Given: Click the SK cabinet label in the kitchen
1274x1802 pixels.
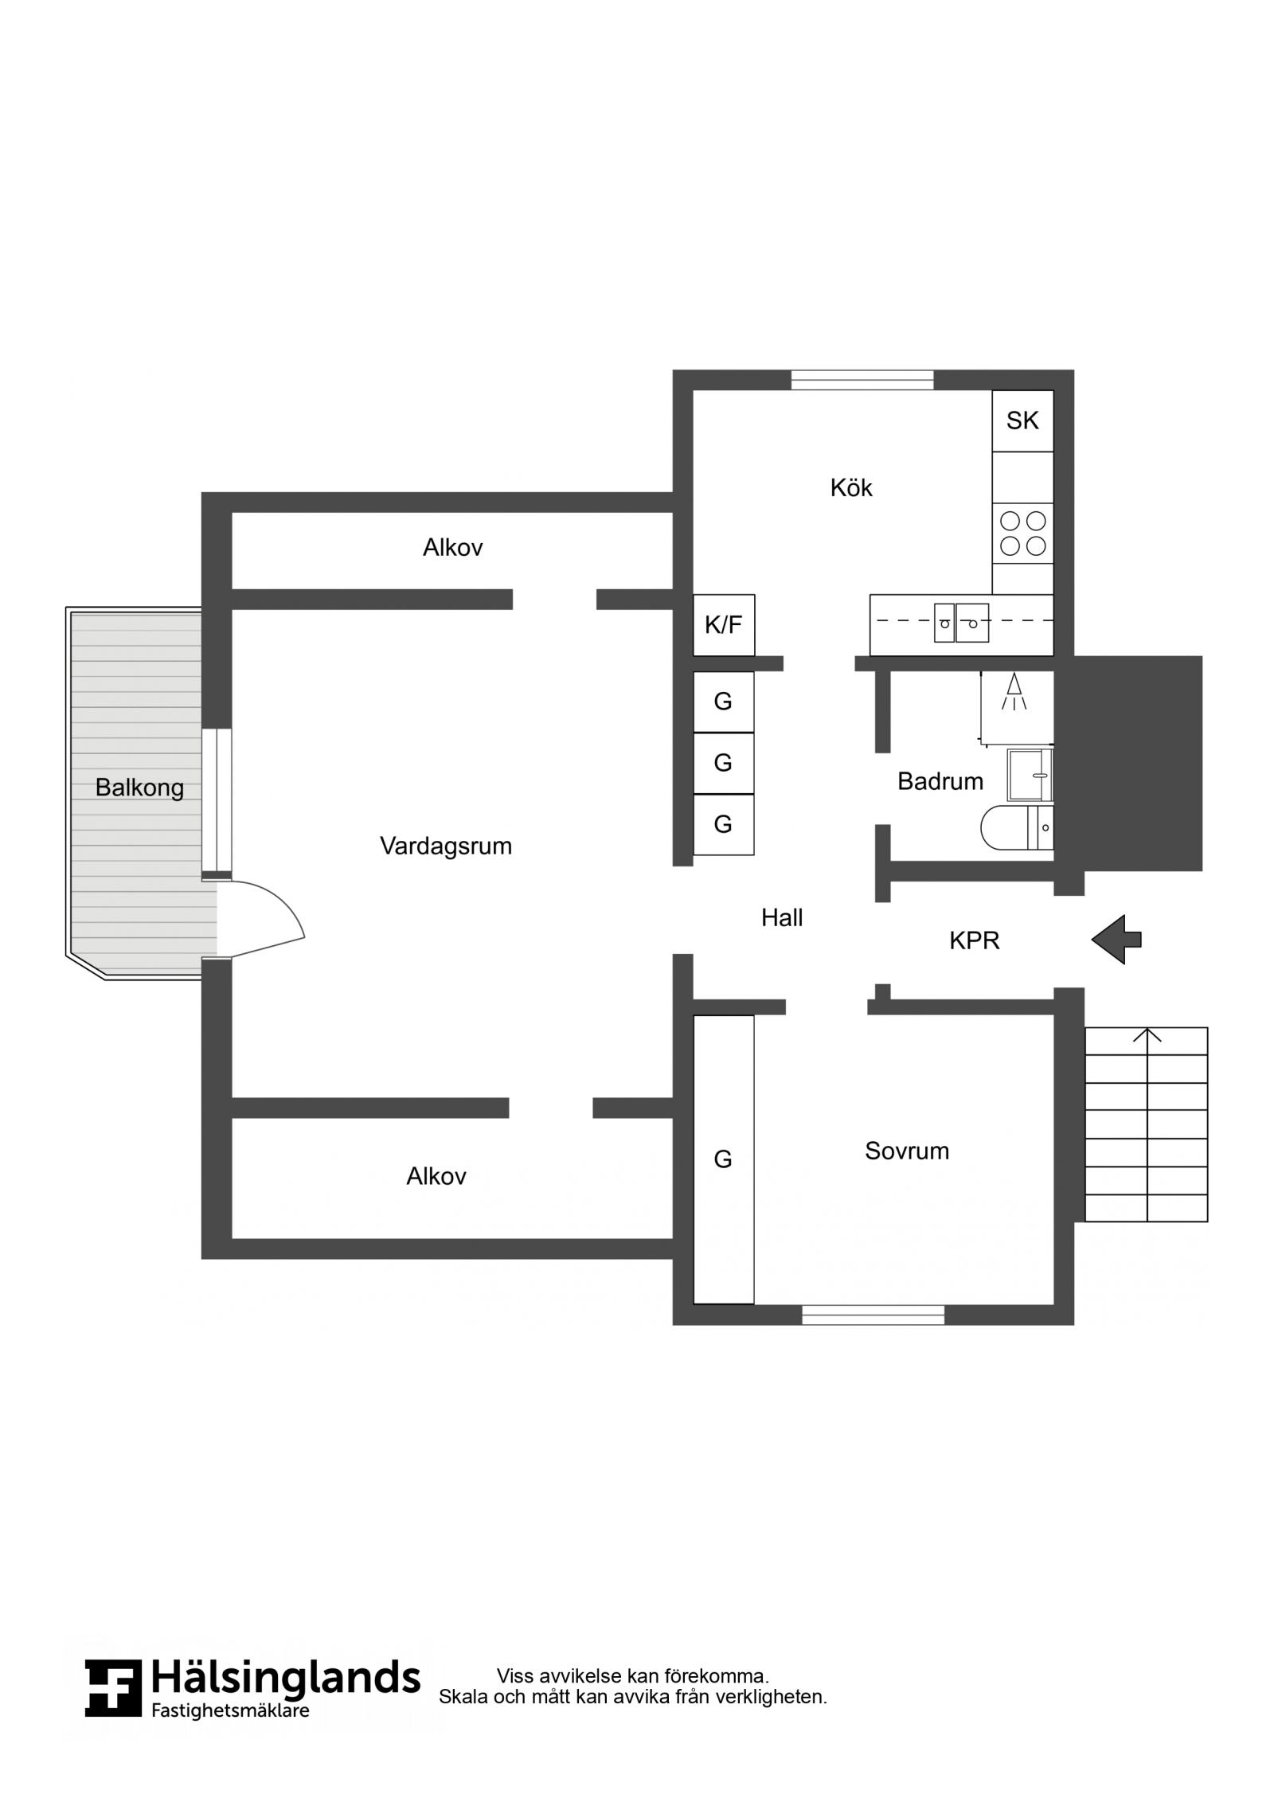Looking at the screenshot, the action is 1022,420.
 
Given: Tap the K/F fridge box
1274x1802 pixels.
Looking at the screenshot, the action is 723,625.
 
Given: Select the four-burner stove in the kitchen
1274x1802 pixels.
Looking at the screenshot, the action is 1022,533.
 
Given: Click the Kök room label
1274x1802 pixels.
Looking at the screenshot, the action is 851,487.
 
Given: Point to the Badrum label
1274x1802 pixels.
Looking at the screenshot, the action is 940,781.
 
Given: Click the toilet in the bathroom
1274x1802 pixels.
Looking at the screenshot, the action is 1018,827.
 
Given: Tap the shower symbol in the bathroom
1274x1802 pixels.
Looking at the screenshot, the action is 1014,691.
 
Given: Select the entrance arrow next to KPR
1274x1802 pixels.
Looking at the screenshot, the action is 1116,940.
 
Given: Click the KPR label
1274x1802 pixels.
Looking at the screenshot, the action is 974,940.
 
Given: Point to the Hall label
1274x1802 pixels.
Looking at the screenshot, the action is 782,918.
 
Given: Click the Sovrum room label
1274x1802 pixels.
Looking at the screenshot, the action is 907,1151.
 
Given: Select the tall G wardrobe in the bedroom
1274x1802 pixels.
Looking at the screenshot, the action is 723,1159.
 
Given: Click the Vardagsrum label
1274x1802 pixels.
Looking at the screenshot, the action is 446,846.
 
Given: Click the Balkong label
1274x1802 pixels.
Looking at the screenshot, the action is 139,788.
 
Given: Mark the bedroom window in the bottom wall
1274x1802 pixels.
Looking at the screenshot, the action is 873,1315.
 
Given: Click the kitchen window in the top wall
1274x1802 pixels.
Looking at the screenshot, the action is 862,380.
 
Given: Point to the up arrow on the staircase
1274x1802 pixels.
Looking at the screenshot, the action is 1147,1035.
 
